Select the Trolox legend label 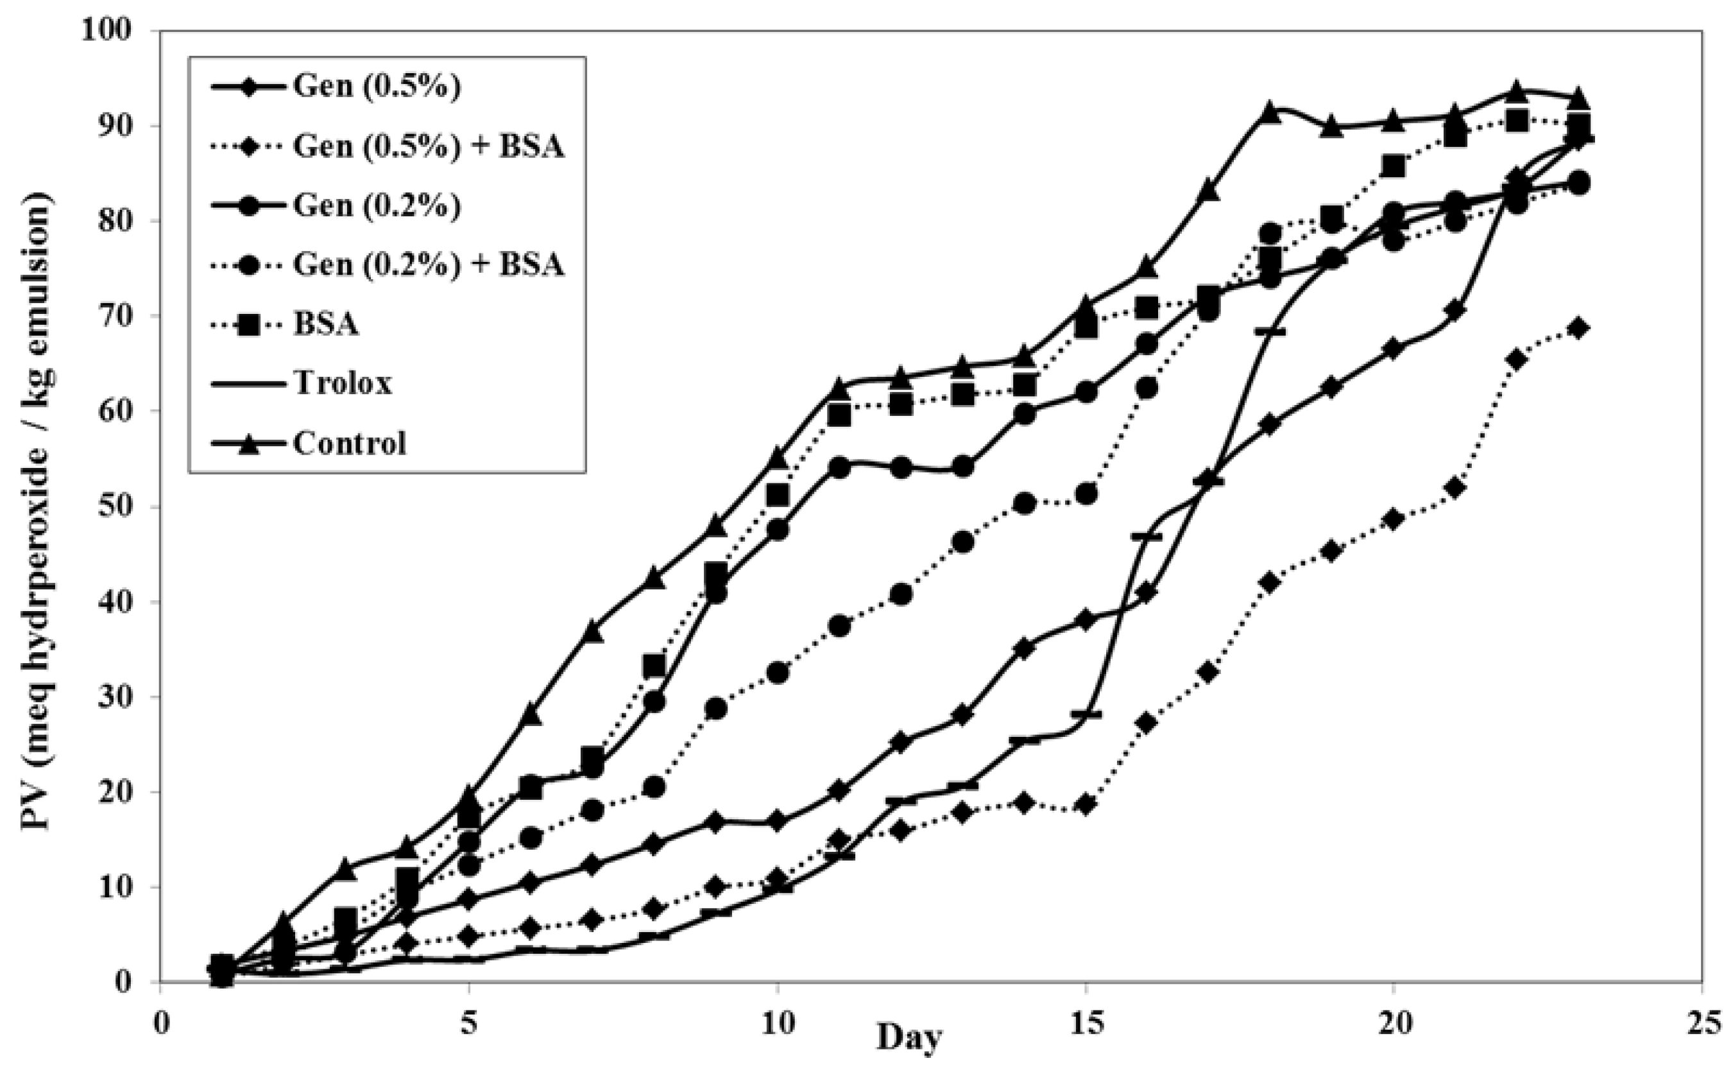[x=341, y=384]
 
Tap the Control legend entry [x=349, y=443]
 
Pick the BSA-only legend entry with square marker [x=325, y=324]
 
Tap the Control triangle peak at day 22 [x=1516, y=91]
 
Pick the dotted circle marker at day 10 [x=778, y=672]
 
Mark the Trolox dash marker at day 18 [x=1270, y=331]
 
